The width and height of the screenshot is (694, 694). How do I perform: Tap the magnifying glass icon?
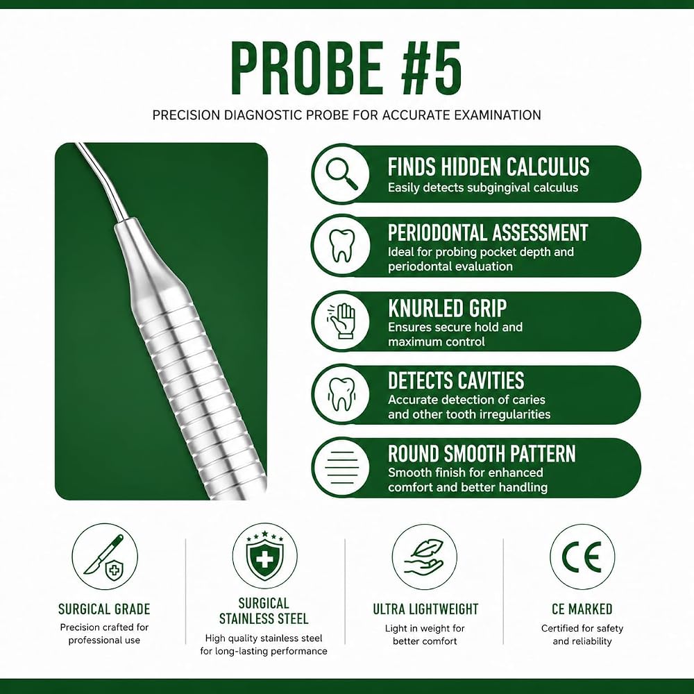click(x=341, y=173)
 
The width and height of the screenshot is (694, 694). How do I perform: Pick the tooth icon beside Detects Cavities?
click(x=341, y=394)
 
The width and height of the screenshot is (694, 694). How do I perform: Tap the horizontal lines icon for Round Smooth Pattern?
click(x=341, y=468)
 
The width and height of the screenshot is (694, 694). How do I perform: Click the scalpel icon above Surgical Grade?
click(x=105, y=558)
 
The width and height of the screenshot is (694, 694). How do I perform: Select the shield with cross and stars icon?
click(x=264, y=555)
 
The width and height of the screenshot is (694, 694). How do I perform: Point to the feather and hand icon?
click(x=425, y=557)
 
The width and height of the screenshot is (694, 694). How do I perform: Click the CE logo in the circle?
click(x=582, y=557)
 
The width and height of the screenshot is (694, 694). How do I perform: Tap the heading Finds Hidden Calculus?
click(x=489, y=167)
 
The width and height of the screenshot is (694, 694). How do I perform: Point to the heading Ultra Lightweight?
click(x=425, y=609)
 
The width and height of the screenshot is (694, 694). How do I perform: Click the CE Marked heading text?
click(x=582, y=609)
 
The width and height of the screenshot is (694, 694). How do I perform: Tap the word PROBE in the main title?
click(x=306, y=68)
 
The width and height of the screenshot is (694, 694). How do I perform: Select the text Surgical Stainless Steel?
click(x=264, y=611)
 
